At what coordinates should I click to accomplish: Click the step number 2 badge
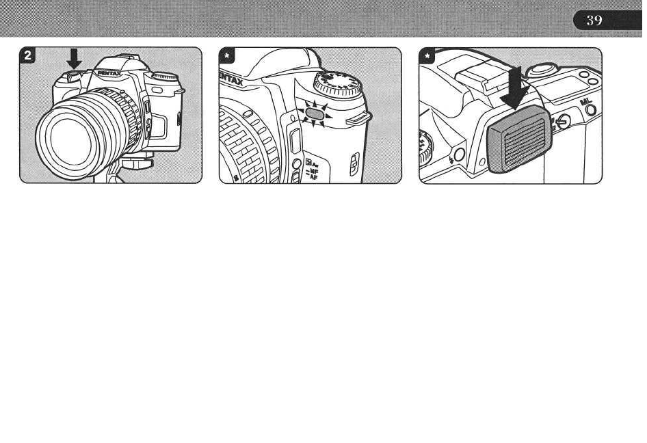pos(27,55)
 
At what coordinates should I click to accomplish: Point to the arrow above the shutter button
pos(75,59)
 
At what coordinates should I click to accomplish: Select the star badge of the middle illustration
pos(226,55)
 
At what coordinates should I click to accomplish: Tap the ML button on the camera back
pos(590,109)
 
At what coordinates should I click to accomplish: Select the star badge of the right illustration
pos(426,55)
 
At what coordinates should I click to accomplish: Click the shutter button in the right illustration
pos(543,68)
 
